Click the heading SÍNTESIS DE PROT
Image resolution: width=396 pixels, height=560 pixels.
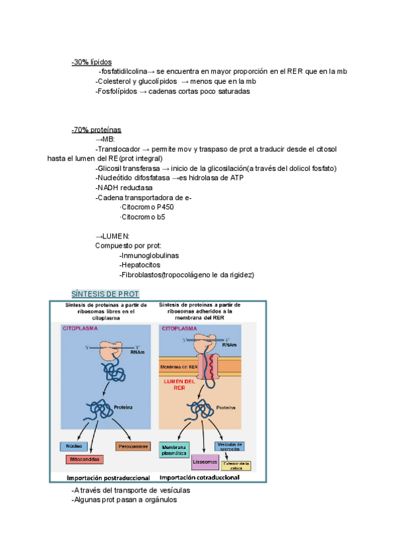click(106, 293)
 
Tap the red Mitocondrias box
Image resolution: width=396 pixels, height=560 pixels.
click(84, 459)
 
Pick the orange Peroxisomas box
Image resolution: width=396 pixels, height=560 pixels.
click(133, 446)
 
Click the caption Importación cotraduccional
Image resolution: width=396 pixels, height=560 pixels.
click(199, 477)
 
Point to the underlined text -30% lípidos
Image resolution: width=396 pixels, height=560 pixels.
click(92, 62)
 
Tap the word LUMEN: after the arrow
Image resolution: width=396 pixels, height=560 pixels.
click(115, 236)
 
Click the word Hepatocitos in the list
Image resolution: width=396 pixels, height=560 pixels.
click(141, 265)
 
